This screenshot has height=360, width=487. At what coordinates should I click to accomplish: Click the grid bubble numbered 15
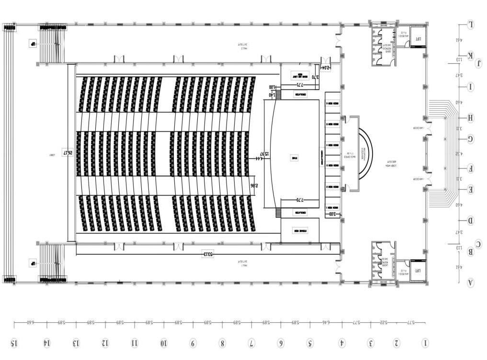14,343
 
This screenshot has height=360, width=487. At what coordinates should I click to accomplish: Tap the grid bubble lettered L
471,24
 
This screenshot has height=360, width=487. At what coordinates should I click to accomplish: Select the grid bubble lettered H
471,118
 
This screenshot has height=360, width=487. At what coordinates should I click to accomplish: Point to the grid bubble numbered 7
251,343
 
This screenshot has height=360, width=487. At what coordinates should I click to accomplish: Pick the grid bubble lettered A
471,282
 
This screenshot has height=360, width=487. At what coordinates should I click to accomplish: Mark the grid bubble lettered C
478,244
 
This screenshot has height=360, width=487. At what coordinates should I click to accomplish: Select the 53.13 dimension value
207,254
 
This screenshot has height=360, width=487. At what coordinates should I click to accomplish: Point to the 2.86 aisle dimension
256,185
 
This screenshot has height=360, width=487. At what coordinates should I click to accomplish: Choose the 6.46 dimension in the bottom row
325,323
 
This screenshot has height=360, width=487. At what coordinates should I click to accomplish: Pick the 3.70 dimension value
315,76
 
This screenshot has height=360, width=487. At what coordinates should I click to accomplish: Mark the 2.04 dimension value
325,68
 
